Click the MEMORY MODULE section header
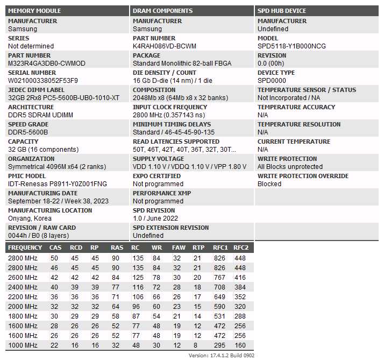click(34, 11)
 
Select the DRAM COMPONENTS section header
click(162, 11)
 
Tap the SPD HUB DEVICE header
click(282, 11)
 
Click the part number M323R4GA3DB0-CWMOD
click(46, 63)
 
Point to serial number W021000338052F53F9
click(43, 81)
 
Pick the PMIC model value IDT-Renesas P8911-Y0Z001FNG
click(58, 184)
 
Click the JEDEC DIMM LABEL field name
click(36, 90)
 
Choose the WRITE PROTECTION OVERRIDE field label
click(303, 176)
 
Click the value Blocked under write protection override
click(269, 184)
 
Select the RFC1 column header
click(221, 248)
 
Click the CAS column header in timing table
click(55, 248)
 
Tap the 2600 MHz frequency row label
click(23, 278)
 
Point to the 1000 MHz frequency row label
click(23, 345)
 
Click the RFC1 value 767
click(219, 278)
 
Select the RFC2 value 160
click(240, 345)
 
